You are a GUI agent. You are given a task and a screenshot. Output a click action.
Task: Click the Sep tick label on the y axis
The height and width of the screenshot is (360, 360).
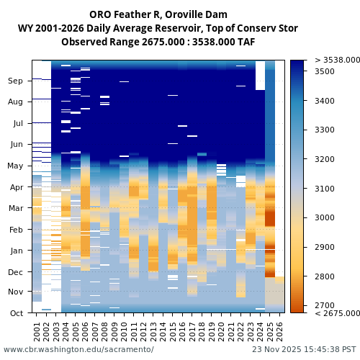16,81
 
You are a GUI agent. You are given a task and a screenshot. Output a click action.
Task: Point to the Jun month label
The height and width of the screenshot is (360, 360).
16,145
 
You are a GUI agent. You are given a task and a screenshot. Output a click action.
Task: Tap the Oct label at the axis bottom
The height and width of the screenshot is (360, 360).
16,313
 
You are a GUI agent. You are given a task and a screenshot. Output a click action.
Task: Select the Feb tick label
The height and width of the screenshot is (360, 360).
16,230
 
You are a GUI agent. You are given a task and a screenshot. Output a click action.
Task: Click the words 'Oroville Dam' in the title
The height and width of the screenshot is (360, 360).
194,14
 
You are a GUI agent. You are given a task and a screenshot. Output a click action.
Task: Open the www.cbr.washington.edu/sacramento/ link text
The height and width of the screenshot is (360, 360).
78,349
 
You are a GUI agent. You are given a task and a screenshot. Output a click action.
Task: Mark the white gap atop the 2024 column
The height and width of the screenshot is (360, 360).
260,76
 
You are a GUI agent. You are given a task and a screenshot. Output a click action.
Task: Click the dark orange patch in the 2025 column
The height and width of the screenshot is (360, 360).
270,217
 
